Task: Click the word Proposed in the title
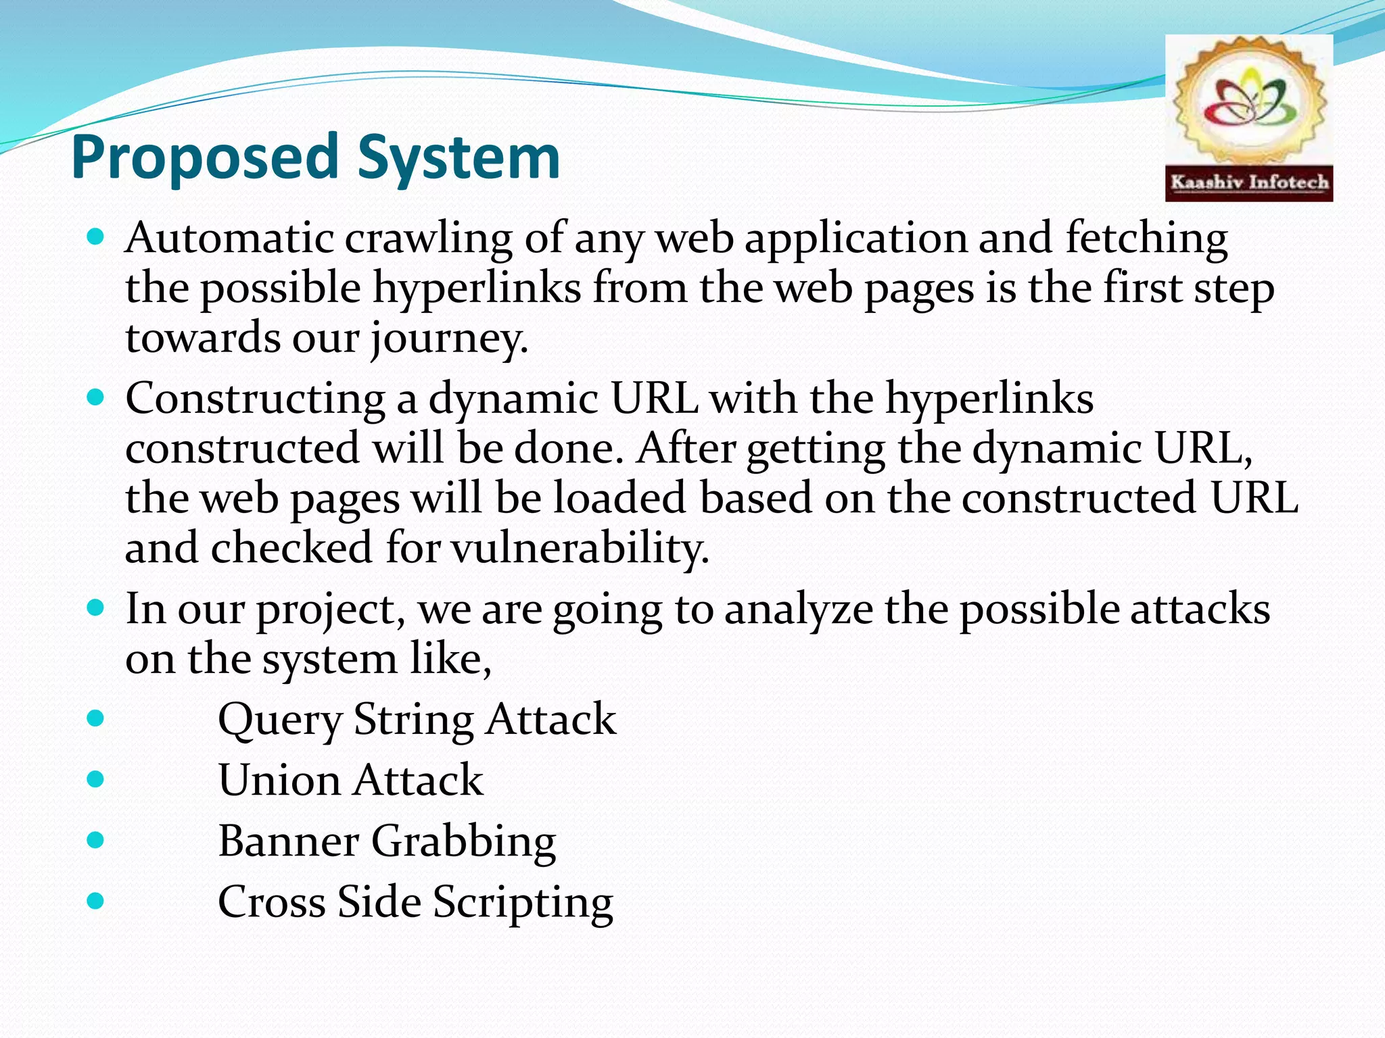point(204,157)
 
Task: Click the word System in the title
point(459,157)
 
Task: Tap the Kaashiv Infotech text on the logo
point(1249,182)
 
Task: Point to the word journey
point(448,338)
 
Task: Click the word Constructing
point(255,398)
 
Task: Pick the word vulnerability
point(580,547)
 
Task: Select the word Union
point(279,780)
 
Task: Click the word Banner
point(288,841)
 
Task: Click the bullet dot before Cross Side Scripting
point(96,901)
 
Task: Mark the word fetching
point(1146,238)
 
